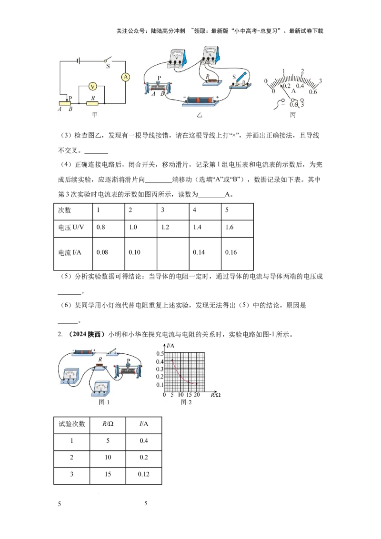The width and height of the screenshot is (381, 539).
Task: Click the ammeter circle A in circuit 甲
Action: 126,77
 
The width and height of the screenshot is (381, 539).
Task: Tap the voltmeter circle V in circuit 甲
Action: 92,87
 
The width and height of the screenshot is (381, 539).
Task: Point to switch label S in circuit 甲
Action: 108,66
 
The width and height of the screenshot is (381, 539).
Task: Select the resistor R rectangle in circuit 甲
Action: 92,103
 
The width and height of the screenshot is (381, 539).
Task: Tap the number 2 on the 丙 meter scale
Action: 302,71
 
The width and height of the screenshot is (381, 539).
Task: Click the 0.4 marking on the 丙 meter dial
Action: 300,86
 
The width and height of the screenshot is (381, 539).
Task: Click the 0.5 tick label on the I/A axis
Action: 160,353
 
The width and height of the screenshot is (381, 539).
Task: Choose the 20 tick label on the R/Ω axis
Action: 196,395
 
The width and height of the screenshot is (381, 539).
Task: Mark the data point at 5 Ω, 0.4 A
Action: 172,360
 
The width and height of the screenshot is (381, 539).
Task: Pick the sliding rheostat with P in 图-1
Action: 128,370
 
